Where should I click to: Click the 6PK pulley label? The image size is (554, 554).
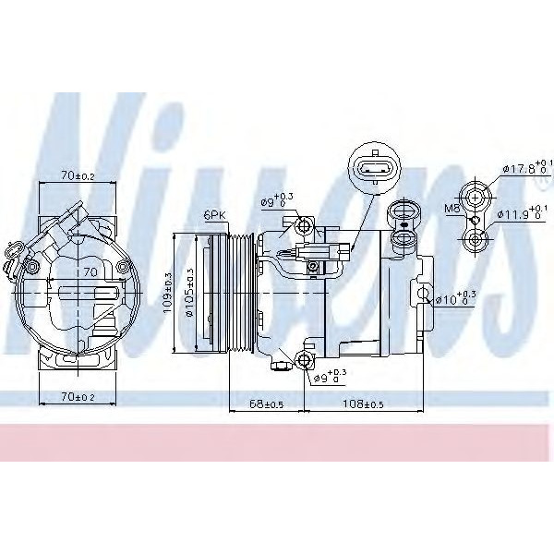(x=214, y=215)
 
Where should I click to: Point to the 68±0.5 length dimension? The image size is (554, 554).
(x=265, y=403)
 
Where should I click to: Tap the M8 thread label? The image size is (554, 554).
(x=452, y=210)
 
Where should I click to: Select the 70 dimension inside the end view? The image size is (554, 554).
(x=90, y=273)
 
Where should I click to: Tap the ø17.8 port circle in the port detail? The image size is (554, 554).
(x=476, y=195)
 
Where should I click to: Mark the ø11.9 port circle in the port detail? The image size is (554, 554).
(x=476, y=241)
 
